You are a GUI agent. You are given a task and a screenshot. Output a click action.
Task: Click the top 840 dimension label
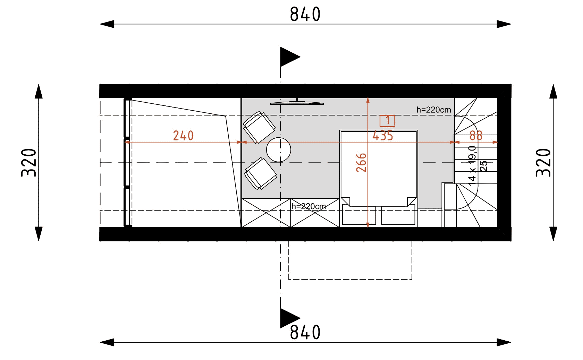point(305,14)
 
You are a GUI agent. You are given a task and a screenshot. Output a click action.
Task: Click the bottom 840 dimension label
point(305,332)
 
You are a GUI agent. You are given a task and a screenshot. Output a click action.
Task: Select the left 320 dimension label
point(28,163)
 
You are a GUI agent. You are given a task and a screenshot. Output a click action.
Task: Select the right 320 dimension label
point(543,163)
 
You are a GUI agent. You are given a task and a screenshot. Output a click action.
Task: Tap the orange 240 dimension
point(183,136)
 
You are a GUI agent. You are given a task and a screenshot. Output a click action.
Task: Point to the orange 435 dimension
point(382,136)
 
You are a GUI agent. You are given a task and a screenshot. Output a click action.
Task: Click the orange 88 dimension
point(476,136)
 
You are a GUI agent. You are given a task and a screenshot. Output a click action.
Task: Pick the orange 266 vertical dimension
point(361,163)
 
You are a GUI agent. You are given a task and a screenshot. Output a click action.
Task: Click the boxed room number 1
point(387,121)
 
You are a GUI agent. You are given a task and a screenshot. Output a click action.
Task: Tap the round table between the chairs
point(278,150)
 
